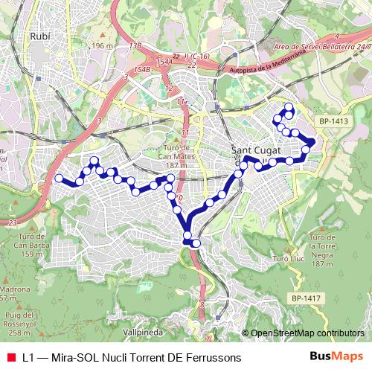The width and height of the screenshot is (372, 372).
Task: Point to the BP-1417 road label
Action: coord(305,299)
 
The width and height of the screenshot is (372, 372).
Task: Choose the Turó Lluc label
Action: coord(288,258)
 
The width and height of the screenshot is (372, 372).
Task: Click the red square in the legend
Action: coord(10,357)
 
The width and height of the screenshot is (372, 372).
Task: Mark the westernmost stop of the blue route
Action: coord(59,178)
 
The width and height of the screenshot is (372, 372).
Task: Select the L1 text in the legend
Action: coord(28,357)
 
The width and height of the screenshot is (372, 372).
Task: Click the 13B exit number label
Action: coord(135,46)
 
